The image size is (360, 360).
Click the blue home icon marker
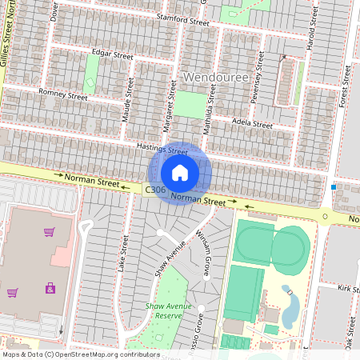tap(180, 173)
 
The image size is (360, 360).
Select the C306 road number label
tap(157, 190)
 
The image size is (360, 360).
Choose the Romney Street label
tap(63, 95)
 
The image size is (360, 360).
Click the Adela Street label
tap(252, 124)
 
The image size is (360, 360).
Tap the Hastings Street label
tap(162, 150)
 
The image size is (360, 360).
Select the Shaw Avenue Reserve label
tap(169, 310)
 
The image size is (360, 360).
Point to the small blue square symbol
tap(334, 187)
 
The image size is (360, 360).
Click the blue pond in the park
tap(291, 306)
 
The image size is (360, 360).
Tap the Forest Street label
tap(346, 86)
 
